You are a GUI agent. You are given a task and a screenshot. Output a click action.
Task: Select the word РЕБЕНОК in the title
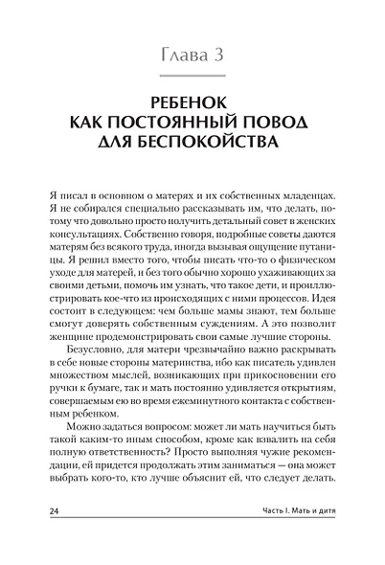(192, 102)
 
